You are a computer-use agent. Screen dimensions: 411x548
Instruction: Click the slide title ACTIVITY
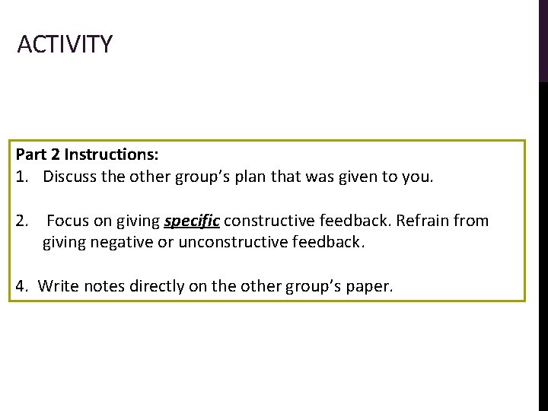pos(65,44)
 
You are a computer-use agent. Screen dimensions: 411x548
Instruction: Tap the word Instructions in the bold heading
pos(111,155)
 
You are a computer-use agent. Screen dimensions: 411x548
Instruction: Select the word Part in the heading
pos(31,155)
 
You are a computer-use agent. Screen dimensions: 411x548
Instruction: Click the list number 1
pos(21,177)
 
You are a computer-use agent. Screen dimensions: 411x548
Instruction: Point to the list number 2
pos(21,221)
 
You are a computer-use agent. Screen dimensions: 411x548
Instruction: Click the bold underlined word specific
pos(192,222)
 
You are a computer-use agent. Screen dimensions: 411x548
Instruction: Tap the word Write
pos(58,286)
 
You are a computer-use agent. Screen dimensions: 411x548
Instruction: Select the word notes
pos(104,286)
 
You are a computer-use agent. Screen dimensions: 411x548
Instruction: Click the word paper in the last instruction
pos(369,287)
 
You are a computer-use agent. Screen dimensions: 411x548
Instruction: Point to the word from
pos(472,221)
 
